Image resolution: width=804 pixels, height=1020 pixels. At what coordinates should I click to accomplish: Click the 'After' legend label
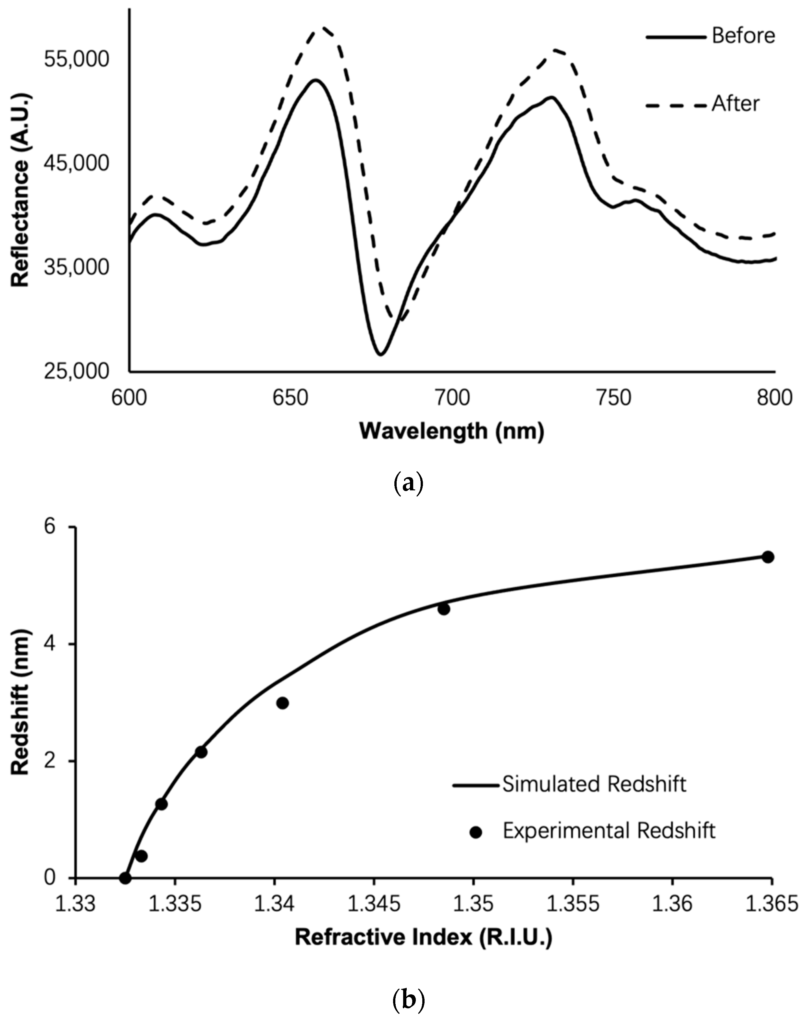[x=735, y=104]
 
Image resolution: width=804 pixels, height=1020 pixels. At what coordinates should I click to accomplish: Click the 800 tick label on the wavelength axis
[x=775, y=398]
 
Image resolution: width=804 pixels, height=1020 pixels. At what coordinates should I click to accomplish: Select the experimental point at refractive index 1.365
[x=768, y=557]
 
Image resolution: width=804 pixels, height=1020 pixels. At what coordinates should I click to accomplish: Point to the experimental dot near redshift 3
[x=282, y=703]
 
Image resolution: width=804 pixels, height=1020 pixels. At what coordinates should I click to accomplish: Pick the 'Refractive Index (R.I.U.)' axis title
[x=423, y=937]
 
